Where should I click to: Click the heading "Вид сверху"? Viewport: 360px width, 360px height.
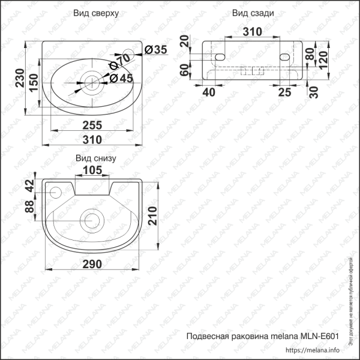(95, 13)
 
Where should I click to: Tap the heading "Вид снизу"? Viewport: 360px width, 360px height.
(95, 158)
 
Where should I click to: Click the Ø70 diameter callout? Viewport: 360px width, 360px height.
(121, 61)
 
